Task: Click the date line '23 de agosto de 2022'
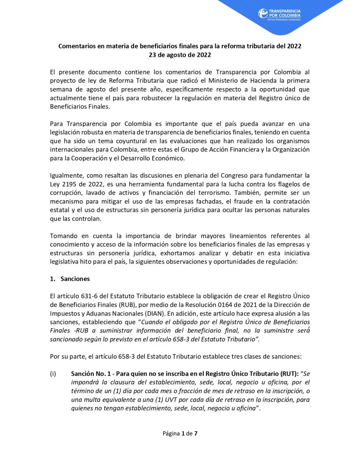coord(180,55)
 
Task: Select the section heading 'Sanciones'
coord(75,279)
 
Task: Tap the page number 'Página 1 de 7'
coord(180,433)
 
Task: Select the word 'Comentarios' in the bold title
coord(78,46)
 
